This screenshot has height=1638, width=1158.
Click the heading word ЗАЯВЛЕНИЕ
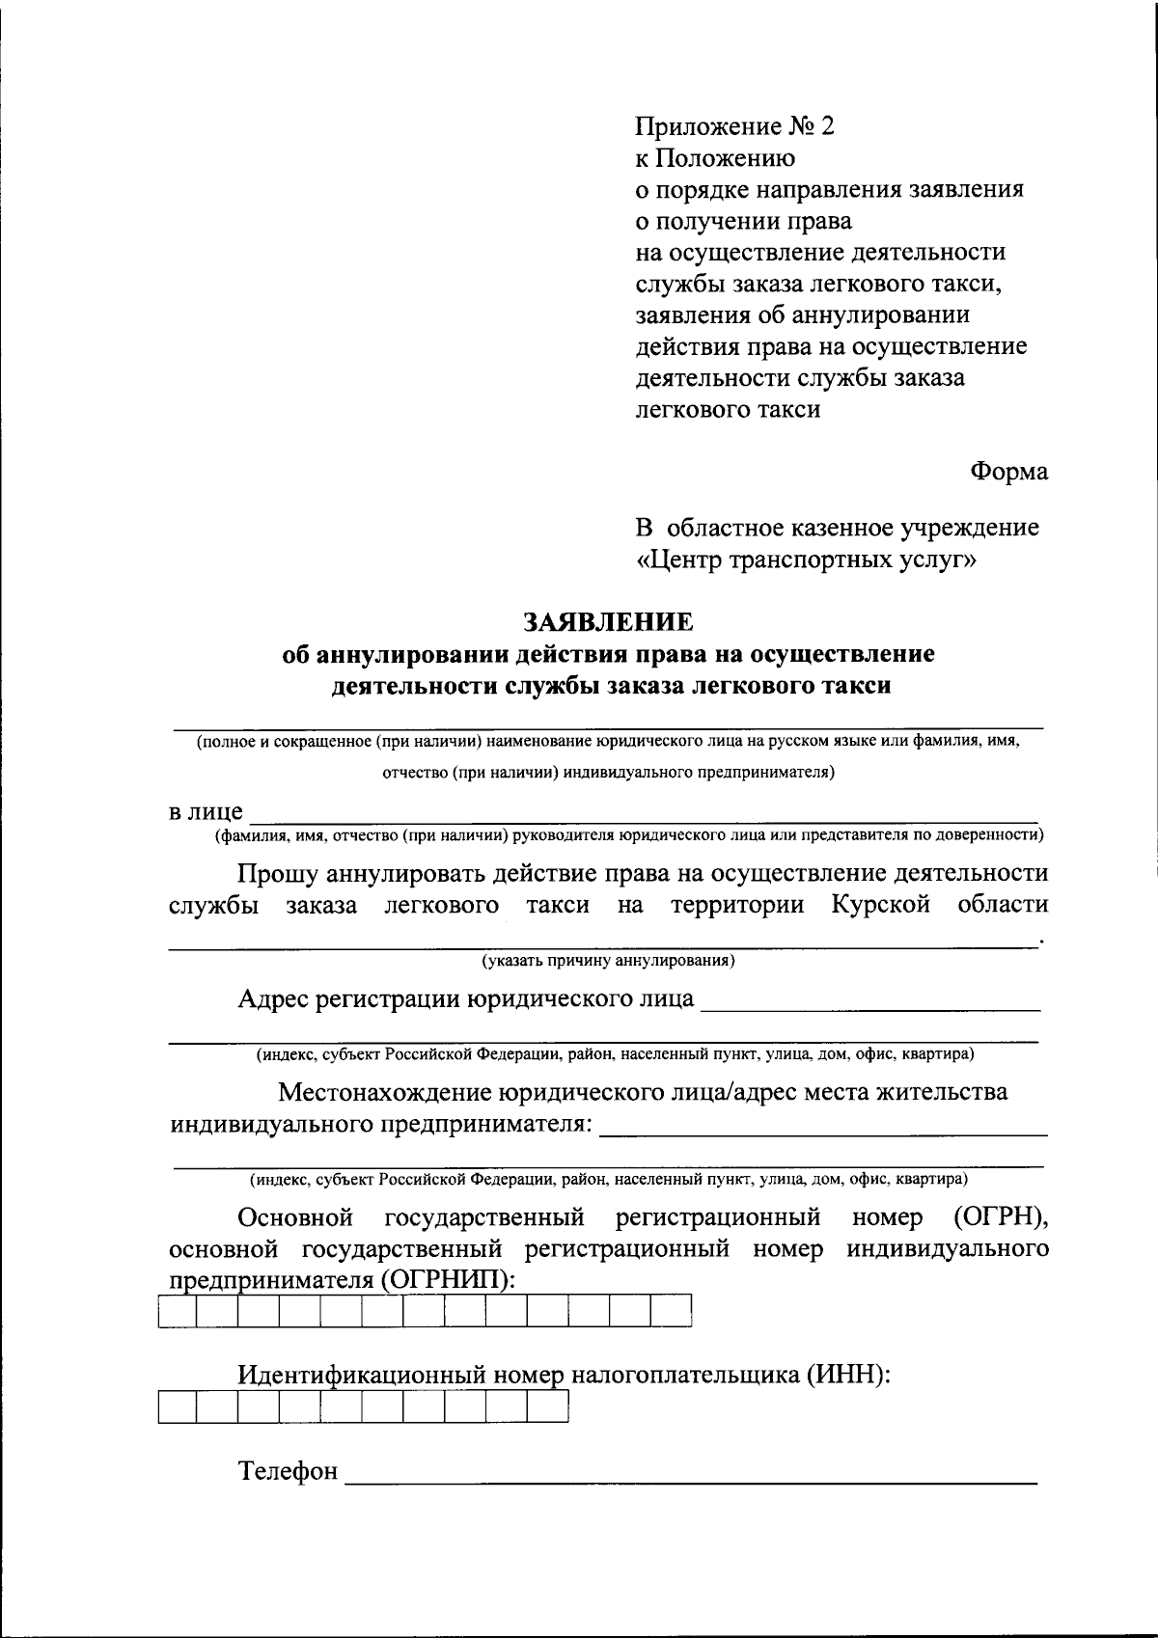pyautogui.click(x=608, y=620)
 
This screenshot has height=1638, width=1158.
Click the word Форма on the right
pyautogui.click(x=1008, y=472)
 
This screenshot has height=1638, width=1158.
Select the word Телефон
pyautogui.click(x=289, y=1471)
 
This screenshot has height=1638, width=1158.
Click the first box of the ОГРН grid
pyautogui.click(x=177, y=1312)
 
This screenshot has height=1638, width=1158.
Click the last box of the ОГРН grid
pyautogui.click(x=672, y=1312)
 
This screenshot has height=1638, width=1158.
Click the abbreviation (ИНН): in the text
pyautogui.click(x=846, y=1375)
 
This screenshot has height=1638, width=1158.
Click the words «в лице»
pyautogui.click(x=206, y=811)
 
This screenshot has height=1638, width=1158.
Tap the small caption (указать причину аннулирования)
pyautogui.click(x=609, y=961)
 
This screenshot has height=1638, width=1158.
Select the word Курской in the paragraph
pyautogui.click(x=879, y=905)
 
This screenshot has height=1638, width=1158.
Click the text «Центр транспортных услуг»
pyautogui.click(x=807, y=560)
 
